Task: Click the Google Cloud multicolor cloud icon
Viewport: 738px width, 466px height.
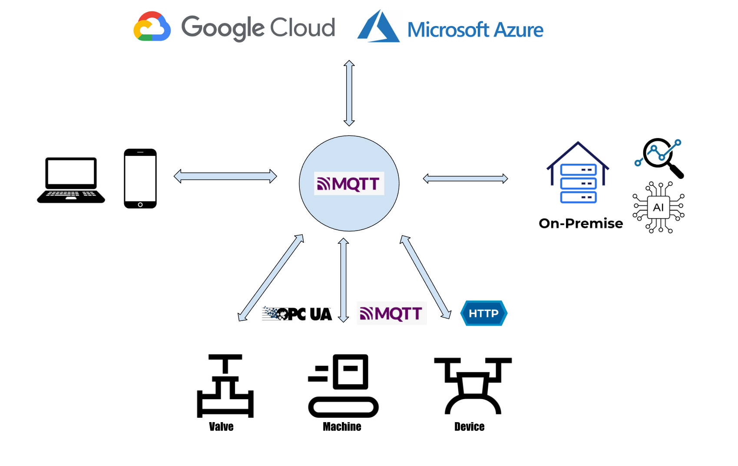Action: coord(152,26)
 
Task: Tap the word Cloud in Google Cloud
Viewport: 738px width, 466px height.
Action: coord(302,27)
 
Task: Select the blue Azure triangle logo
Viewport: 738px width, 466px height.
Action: coord(378,27)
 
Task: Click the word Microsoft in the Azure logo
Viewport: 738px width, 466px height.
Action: coord(448,30)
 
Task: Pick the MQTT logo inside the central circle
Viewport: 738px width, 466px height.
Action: coord(349,183)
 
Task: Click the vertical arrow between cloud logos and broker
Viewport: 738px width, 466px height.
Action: coord(349,93)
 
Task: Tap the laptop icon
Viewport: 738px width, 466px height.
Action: coord(71,180)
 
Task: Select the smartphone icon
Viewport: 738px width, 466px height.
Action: coord(140,178)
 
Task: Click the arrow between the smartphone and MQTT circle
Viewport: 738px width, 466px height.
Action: coord(225,176)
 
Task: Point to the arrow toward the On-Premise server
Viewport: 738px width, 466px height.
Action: coord(465,178)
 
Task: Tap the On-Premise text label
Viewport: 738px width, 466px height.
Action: coord(581,223)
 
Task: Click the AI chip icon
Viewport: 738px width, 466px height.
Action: coord(659,208)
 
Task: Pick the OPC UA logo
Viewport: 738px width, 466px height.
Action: coord(297,313)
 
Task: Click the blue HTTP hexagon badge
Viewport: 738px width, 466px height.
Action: coord(483,313)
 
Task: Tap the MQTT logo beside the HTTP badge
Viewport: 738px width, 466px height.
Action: coord(391,313)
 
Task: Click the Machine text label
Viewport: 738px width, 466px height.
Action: coord(342,426)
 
